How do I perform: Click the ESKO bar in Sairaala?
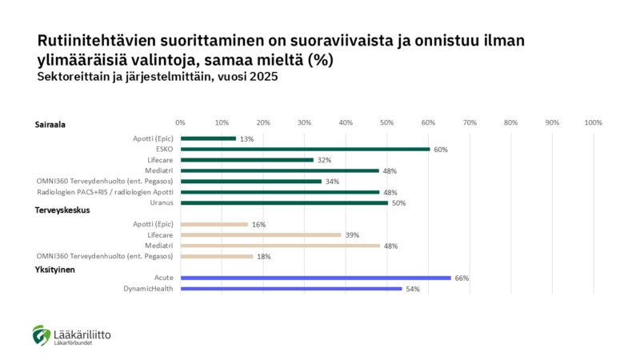coord(305,149)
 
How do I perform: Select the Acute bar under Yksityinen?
coord(316,278)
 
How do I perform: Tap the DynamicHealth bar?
coord(291,288)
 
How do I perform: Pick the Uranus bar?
coord(284,202)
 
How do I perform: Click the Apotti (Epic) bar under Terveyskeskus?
coord(214,224)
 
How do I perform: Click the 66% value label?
coord(461,278)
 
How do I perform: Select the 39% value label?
coord(352,235)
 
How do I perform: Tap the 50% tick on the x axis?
coord(387,122)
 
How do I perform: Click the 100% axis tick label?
coord(593,122)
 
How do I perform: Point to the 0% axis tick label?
coord(180,122)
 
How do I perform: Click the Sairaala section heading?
coord(50,126)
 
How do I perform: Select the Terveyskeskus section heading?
coord(62,210)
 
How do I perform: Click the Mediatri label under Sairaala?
coord(158,170)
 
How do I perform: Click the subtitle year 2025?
coord(262,78)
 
